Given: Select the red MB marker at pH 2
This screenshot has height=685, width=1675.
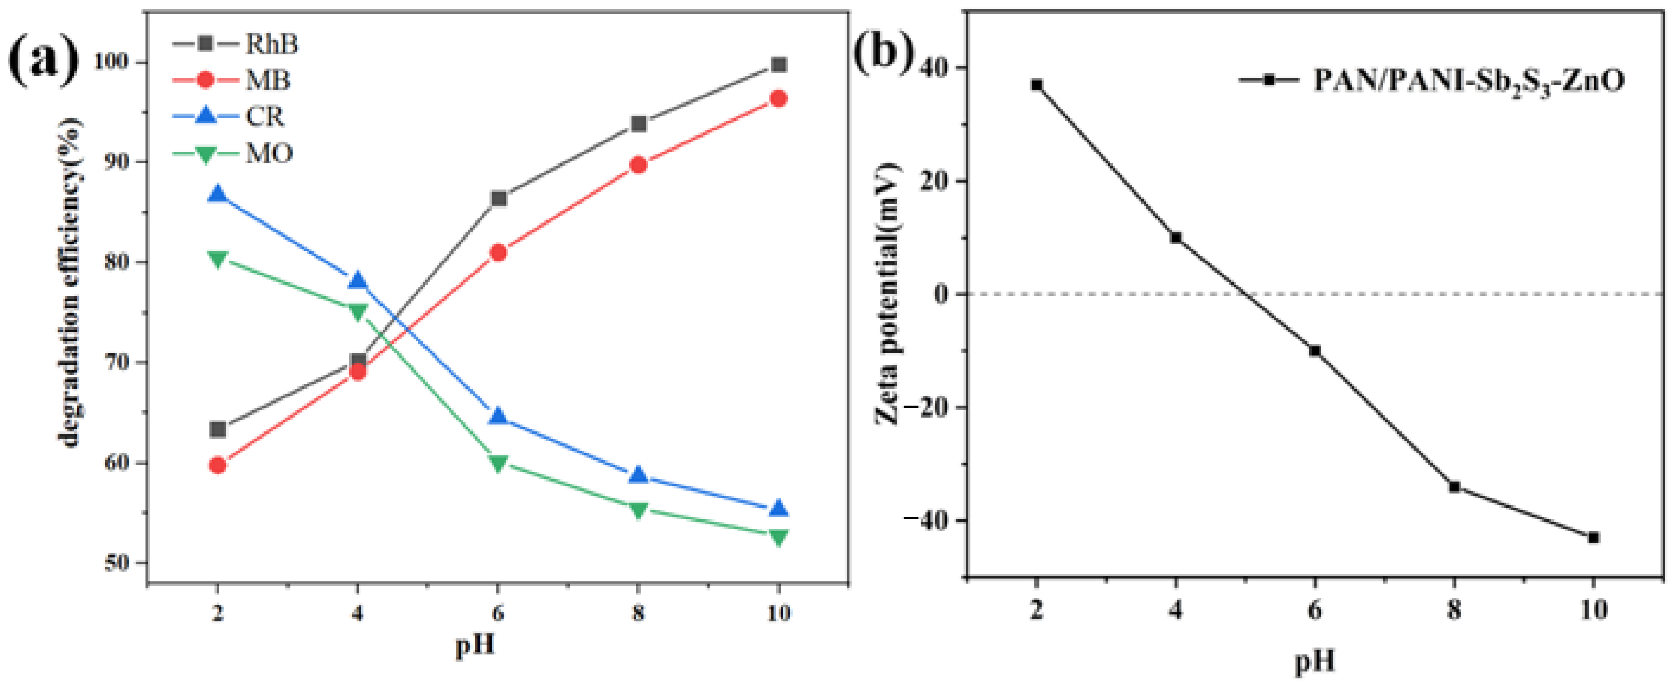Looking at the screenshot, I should click(x=218, y=465).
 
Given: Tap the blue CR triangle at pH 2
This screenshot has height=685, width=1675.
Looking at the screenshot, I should click(x=218, y=194).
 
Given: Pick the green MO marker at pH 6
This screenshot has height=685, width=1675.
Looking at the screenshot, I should click(x=498, y=464).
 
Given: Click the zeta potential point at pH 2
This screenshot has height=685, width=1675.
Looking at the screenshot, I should click(x=1037, y=85).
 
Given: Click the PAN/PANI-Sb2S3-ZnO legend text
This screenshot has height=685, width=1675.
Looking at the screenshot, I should click(x=1468, y=98).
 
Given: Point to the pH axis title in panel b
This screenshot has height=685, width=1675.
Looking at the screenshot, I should click(x=1315, y=661).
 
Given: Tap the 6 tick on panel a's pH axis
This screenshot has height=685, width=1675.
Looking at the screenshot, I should click(x=498, y=612).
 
